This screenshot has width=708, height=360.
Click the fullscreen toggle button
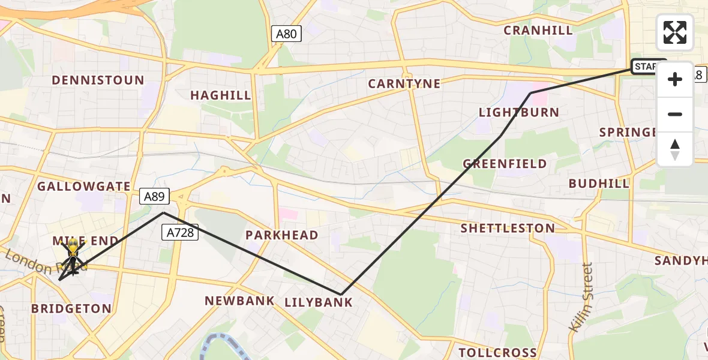coord(675,32)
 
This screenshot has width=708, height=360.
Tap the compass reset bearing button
coord(675,149)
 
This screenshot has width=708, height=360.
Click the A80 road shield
coord(286,34)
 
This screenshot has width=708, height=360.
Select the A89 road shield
coord(155,196)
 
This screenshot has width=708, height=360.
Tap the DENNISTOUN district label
coord(98,80)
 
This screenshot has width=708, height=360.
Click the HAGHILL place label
coord(221,95)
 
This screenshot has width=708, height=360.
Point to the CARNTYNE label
coord(404,84)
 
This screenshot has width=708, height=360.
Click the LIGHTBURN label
coord(519,113)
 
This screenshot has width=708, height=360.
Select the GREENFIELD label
coord(505,164)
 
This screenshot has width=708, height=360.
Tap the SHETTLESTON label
coord(508,229)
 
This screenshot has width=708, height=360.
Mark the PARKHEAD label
coord(281,235)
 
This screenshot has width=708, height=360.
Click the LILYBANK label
coord(319,302)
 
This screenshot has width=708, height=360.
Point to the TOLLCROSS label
coord(497,352)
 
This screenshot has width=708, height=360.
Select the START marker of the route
coord(648,67)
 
